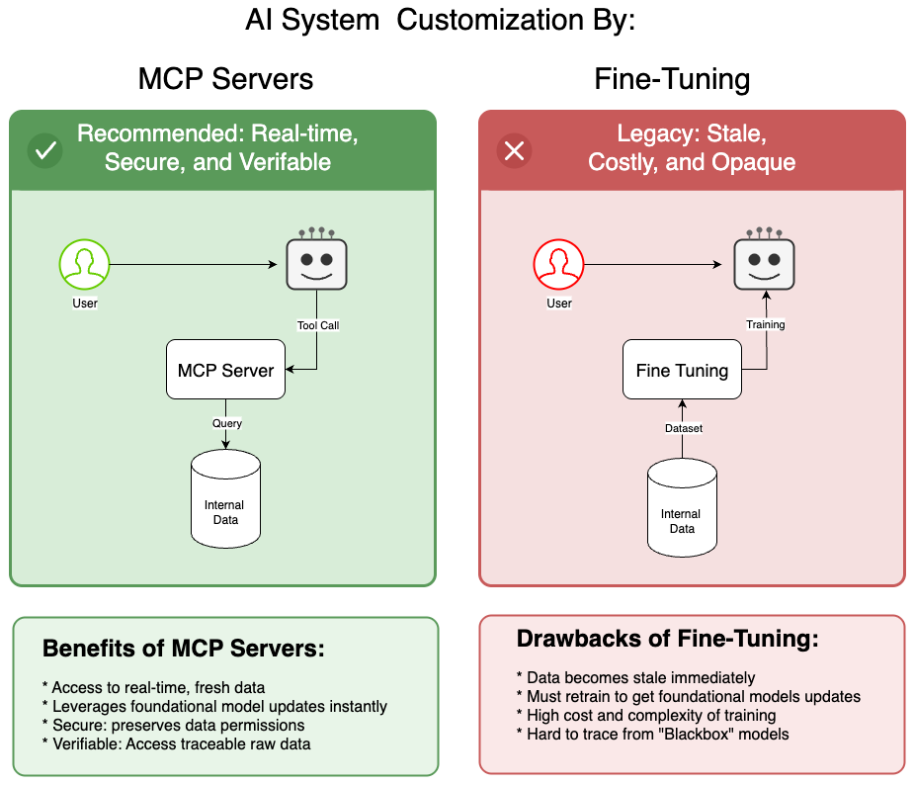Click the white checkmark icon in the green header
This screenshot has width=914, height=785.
pyautogui.click(x=45, y=150)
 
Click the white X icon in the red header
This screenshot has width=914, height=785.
pyautogui.click(x=514, y=150)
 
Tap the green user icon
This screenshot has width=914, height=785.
pyautogui.click(x=84, y=264)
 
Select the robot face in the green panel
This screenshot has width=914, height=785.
pyautogui.click(x=316, y=262)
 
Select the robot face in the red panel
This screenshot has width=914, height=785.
pyautogui.click(x=764, y=262)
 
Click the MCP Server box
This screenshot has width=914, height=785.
pyautogui.click(x=226, y=370)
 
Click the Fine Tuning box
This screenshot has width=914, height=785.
pyautogui.click(x=682, y=371)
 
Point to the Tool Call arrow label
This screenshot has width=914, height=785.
pyautogui.click(x=318, y=325)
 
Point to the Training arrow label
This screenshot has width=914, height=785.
pyautogui.click(x=765, y=324)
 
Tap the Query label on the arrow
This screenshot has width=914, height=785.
pyautogui.click(x=226, y=423)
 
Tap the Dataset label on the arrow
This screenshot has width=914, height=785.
pyautogui.click(x=682, y=428)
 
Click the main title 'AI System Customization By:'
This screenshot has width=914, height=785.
pyautogui.click(x=440, y=21)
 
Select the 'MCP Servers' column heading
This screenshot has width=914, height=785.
pyautogui.click(x=225, y=80)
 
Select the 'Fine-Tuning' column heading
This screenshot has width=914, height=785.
pyautogui.click(x=672, y=80)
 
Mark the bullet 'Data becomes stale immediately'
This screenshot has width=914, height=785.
pyautogui.click(x=635, y=678)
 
